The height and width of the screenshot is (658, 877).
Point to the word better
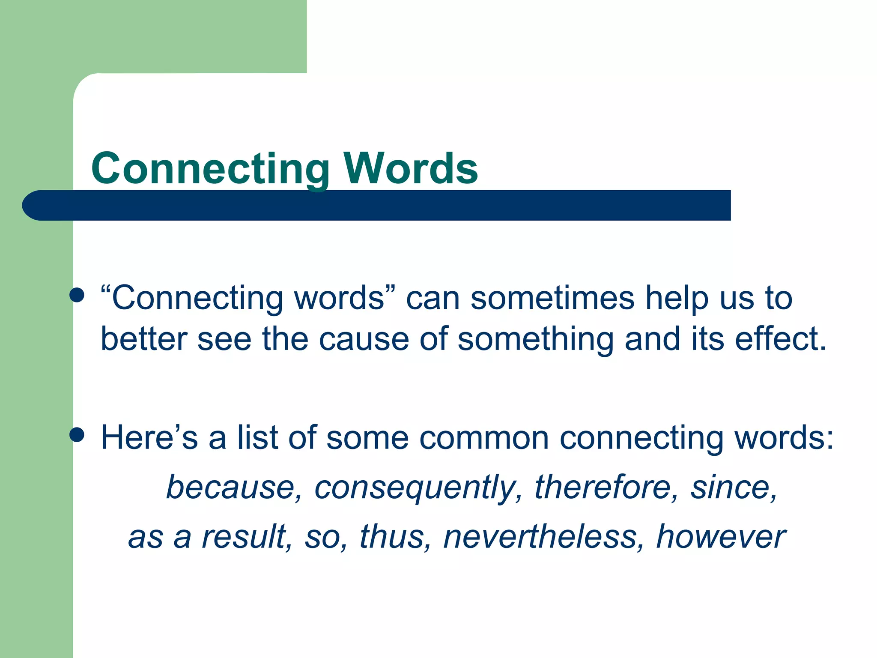[x=144, y=339]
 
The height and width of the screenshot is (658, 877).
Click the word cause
[x=364, y=339]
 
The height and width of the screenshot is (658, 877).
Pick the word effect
[x=780, y=339]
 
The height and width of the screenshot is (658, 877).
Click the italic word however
[x=721, y=536]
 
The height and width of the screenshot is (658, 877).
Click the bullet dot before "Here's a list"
[x=77, y=434]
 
